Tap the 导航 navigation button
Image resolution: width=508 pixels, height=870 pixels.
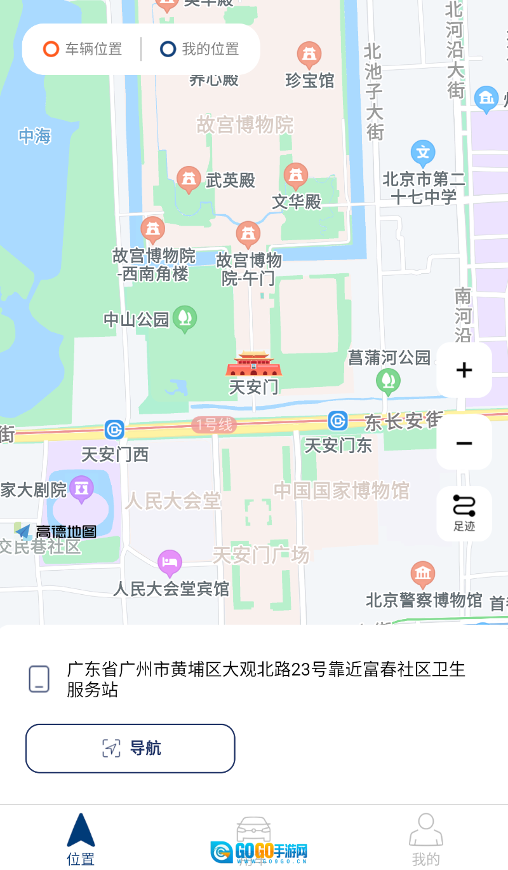point(130,748)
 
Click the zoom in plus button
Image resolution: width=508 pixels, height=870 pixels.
point(464,370)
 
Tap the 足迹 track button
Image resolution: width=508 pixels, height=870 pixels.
point(464,513)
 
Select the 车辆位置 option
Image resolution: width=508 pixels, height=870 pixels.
point(82,49)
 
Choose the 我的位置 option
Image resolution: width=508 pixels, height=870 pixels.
point(199,49)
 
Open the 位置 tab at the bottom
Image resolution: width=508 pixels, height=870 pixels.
point(81,839)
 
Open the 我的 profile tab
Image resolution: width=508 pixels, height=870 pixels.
point(425,839)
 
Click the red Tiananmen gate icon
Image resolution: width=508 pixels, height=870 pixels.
point(253,365)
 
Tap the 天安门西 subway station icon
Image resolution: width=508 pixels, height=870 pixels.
point(115,430)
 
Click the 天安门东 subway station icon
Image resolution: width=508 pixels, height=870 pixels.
point(338,421)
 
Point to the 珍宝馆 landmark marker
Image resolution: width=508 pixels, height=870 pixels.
point(309,55)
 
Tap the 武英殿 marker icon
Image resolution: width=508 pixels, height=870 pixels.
point(189,179)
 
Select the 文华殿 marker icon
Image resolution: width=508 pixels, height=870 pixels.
point(295,175)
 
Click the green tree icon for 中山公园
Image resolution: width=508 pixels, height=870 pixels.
point(185,318)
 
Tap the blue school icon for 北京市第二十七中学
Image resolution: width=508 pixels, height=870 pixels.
point(423,153)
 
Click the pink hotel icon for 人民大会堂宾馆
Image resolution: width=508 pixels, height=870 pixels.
point(170,562)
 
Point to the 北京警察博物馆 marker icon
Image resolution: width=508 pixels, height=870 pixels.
point(423,573)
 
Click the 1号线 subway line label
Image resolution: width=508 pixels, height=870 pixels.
point(214,425)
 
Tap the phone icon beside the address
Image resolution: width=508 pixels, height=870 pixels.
point(39,679)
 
